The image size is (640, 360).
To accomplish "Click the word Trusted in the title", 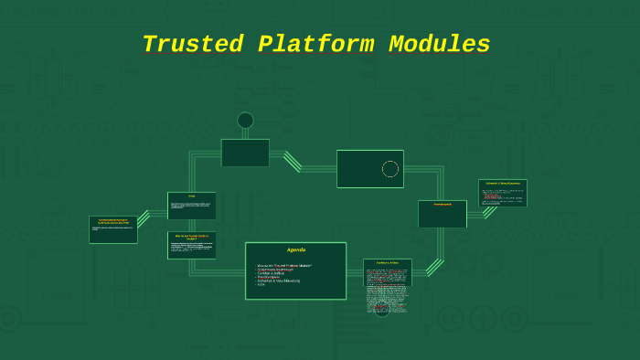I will pos(192,45).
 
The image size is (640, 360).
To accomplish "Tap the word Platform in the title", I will pos(315,45).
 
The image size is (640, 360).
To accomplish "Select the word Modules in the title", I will pos(439,45).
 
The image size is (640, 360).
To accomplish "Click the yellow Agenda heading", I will pos(296,250).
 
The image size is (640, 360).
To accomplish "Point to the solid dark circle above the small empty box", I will pos(245,121).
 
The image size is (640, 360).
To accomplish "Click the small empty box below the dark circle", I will pos(245,153).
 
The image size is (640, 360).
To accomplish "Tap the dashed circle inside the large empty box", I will pos(390,169).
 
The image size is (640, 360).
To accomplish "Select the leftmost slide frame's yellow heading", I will pos(113,221).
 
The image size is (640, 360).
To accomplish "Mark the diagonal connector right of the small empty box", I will pos(293,161).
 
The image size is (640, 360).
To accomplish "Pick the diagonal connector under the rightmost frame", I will pos(490,212).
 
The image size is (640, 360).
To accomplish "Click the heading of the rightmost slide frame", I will pos(503,184).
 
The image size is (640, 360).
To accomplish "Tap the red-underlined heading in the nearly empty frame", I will pos(443,205).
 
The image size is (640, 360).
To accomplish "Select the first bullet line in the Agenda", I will pos(284,265).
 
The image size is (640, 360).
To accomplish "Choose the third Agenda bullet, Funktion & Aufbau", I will pos(279,273).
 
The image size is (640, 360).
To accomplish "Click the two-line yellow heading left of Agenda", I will pos(192,237).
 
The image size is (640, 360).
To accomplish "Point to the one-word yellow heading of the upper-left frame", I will pos(192,196).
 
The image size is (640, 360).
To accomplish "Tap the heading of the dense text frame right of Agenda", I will pos(388,263).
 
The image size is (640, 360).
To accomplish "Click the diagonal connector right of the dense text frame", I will pos(434,267).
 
